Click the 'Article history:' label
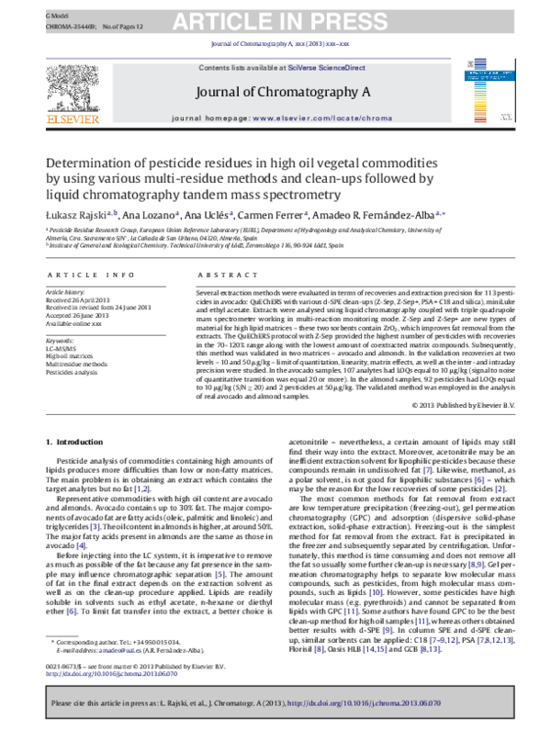65,292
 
